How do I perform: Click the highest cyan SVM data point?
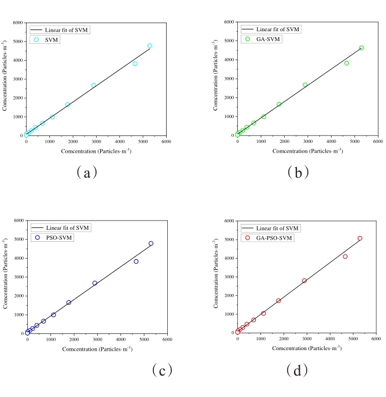(149, 46)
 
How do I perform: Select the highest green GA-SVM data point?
(361, 48)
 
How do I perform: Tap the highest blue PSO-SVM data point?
(151, 244)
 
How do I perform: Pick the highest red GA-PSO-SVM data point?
(359, 238)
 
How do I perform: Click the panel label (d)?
(298, 369)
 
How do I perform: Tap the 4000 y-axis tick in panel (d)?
(227, 258)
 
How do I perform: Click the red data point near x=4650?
(345, 256)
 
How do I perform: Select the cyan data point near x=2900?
(94, 85)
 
